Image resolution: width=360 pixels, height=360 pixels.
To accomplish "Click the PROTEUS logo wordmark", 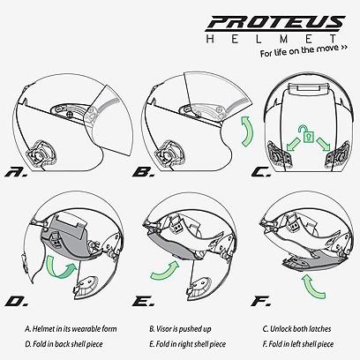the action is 275,23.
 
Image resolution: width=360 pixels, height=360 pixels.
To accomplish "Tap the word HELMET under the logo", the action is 271,39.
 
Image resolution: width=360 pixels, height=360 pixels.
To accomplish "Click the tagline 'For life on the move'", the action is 304,50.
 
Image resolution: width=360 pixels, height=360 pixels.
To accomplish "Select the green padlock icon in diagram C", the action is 308,133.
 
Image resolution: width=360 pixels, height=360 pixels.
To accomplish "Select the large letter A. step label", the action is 17,172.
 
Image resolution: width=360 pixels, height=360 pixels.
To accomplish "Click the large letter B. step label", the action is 144,172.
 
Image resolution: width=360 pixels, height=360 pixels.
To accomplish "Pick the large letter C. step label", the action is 261,172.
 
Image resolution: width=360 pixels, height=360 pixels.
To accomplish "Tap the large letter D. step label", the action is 17,301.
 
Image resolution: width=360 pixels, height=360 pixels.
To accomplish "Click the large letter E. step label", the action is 143,301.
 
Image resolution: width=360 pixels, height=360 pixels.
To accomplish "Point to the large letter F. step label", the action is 261,301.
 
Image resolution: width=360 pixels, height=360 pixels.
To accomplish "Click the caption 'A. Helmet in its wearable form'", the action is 71,329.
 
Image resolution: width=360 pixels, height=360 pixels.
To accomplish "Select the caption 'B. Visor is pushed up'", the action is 180,329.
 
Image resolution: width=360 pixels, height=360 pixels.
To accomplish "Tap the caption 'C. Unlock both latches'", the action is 296,329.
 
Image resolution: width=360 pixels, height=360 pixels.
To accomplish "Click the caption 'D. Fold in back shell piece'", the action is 64,344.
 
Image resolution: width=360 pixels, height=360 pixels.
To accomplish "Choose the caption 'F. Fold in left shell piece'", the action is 298,344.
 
